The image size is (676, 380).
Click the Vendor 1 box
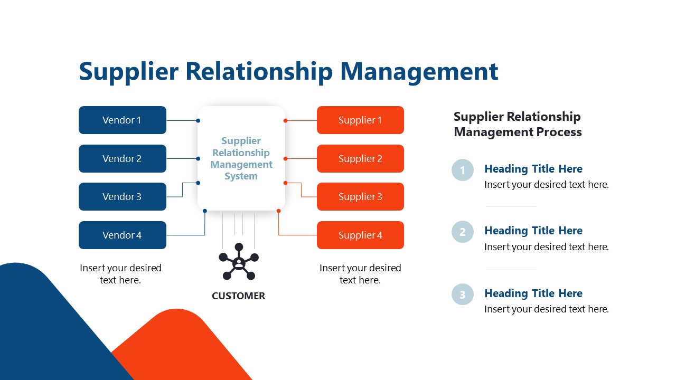click(x=122, y=120)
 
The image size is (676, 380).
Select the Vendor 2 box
click(x=122, y=159)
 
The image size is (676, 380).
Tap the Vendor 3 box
click(x=122, y=197)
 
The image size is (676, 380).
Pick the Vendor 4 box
click(x=122, y=235)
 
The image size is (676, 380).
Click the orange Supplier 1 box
click(x=360, y=120)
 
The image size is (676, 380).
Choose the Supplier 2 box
click(x=360, y=159)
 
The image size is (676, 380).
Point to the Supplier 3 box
click(x=360, y=197)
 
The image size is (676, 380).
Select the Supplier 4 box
click(x=360, y=235)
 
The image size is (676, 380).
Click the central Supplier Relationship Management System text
click(x=241, y=158)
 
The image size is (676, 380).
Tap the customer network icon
click(x=239, y=261)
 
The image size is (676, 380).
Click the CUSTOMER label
click(x=239, y=296)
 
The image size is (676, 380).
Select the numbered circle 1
click(x=463, y=170)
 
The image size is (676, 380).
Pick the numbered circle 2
click(x=463, y=232)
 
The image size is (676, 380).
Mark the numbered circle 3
click(x=463, y=294)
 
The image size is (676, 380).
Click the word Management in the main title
click(x=419, y=72)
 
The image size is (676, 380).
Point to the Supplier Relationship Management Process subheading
click(x=518, y=125)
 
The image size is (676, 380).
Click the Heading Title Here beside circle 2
click(x=533, y=231)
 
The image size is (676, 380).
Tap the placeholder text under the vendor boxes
click(x=120, y=274)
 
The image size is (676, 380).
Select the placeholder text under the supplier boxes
click(x=360, y=274)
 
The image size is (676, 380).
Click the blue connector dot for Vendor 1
click(x=198, y=121)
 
